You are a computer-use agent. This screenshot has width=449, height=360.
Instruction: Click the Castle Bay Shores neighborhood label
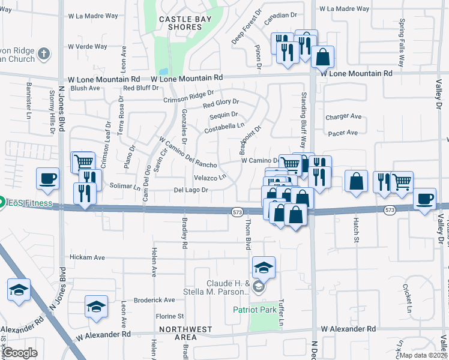click(x=181, y=23)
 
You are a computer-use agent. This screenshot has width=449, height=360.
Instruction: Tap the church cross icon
click(x=43, y=55)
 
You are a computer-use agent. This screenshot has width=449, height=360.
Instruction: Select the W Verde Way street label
click(x=88, y=46)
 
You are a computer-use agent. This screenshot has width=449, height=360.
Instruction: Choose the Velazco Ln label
click(x=210, y=178)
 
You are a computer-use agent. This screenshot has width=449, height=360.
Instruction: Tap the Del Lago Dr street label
click(x=191, y=190)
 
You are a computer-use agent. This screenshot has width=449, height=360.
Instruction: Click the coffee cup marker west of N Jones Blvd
click(x=48, y=178)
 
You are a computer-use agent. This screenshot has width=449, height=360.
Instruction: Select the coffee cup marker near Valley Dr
click(x=425, y=198)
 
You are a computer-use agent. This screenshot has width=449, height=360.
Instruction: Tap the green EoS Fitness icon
click(x=2, y=203)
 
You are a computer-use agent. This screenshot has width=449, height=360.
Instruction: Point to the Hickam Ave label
click(x=86, y=257)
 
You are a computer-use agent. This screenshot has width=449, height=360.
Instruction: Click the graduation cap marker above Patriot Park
click(x=264, y=267)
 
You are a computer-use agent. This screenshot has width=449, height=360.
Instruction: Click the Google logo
click(x=20, y=353)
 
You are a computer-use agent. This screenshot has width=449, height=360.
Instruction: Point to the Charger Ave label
click(x=343, y=117)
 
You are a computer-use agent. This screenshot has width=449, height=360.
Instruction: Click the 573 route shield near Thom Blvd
click(x=238, y=211)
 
